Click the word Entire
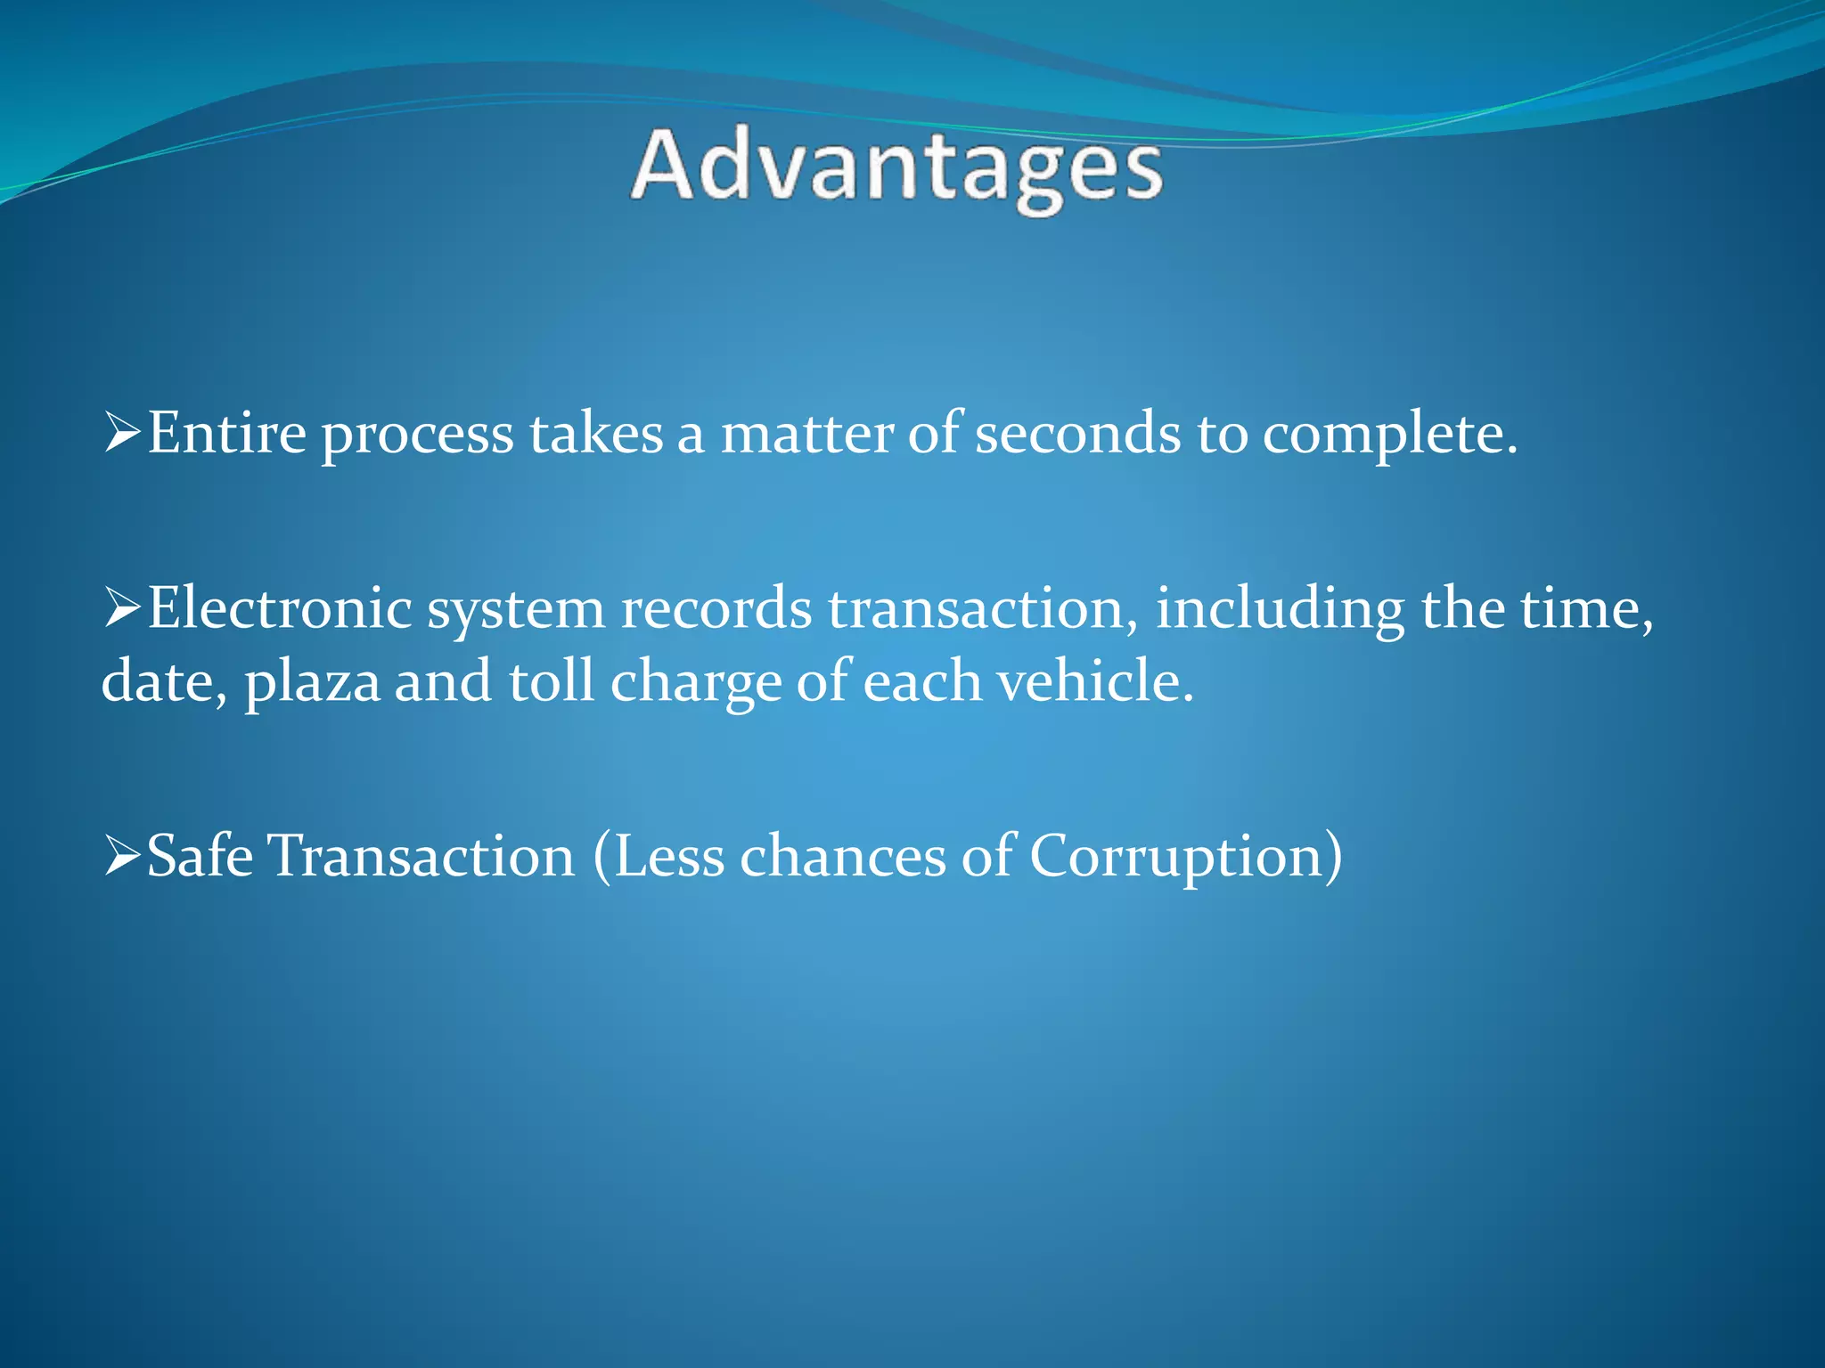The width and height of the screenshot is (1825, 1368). [x=226, y=434]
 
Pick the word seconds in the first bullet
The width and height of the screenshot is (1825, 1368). [x=1077, y=434]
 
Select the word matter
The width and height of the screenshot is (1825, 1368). [x=806, y=434]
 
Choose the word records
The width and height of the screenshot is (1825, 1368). [x=716, y=609]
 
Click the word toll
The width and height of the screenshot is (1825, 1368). [x=551, y=681]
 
